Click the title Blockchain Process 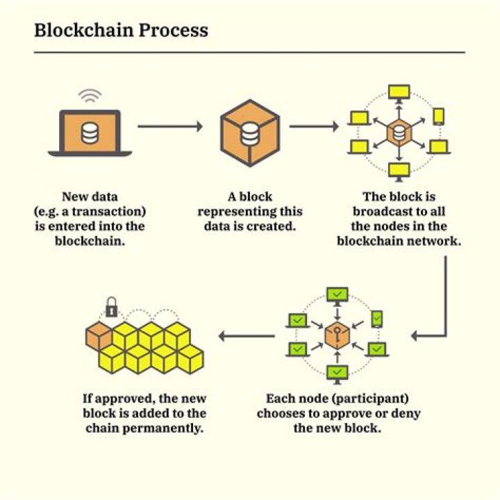pyautogui.click(x=121, y=31)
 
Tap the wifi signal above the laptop pyautogui.click(x=89, y=97)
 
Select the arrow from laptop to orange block pyautogui.click(x=170, y=126)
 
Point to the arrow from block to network pyautogui.click(x=314, y=126)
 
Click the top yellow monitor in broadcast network pyautogui.click(x=399, y=92)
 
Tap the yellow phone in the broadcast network pyautogui.click(x=438, y=116)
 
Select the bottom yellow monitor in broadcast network pyautogui.click(x=399, y=169)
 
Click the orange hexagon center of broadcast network pyautogui.click(x=399, y=131)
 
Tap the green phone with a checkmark pyautogui.click(x=376, y=319)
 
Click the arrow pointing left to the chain pyautogui.click(x=247, y=336)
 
